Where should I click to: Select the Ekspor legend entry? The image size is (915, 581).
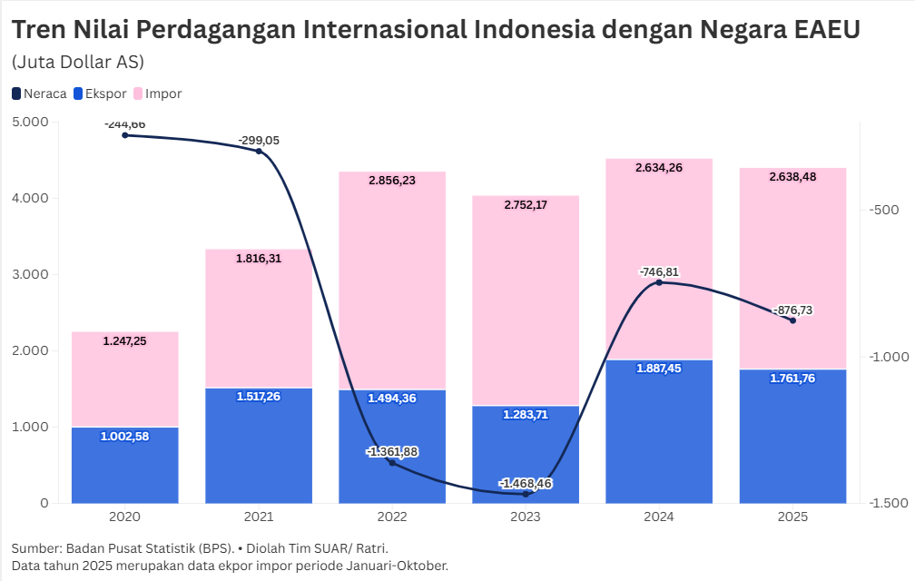pyautogui.click(x=100, y=94)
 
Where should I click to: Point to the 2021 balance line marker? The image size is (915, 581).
pyautogui.click(x=259, y=151)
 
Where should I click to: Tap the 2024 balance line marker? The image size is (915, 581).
pyautogui.click(x=659, y=282)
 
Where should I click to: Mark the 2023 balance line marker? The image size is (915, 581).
pyautogui.click(x=526, y=494)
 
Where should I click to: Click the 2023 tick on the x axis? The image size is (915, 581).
pyautogui.click(x=526, y=517)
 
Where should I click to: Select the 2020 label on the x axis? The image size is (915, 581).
pyautogui.click(x=124, y=517)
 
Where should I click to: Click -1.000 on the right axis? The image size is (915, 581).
pyautogui.click(x=889, y=357)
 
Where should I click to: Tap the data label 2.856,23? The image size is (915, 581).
pyautogui.click(x=392, y=181)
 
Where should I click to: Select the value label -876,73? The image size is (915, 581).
pyautogui.click(x=792, y=310)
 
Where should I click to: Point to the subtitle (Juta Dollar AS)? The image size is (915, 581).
pyautogui.click(x=78, y=62)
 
